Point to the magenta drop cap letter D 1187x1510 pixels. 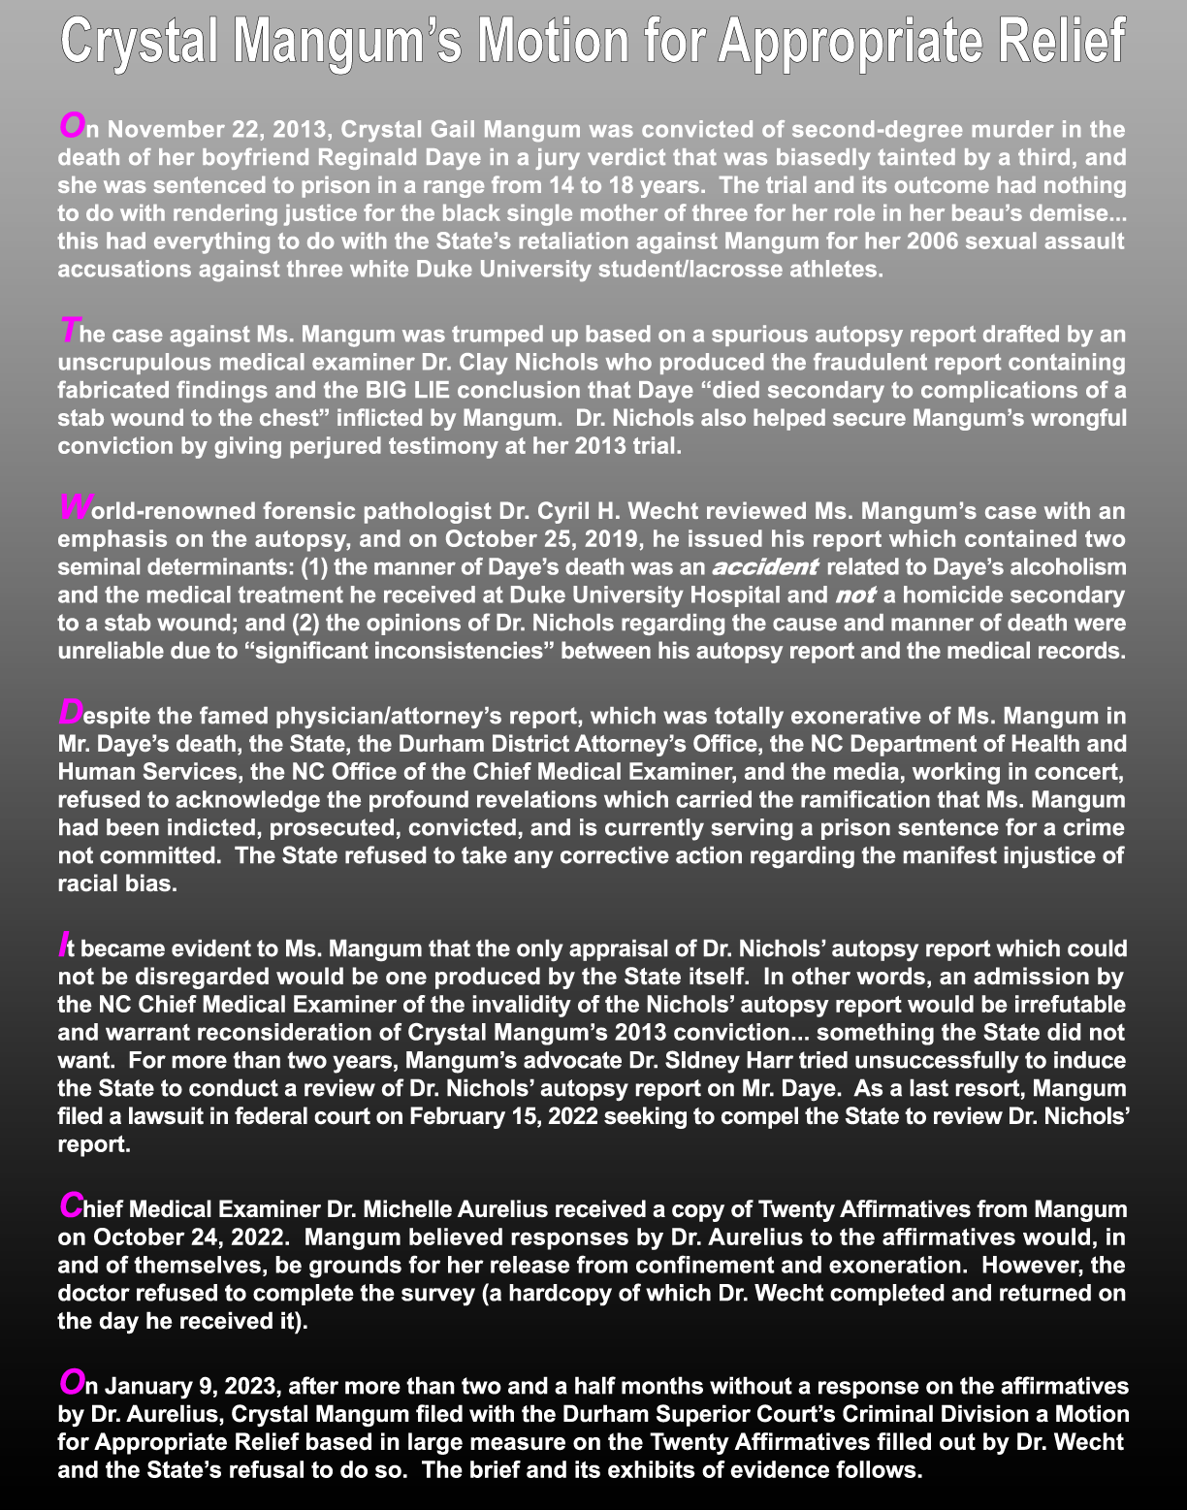[x=71, y=713]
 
